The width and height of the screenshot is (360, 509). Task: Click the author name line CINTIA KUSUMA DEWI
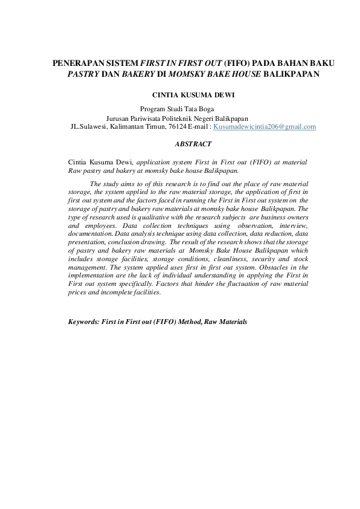[192, 95]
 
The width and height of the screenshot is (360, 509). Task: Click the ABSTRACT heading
[192, 144]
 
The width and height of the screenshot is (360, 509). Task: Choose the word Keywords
[83, 322]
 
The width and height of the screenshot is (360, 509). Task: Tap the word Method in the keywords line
[187, 322]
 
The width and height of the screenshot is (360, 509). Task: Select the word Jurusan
[118, 118]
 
